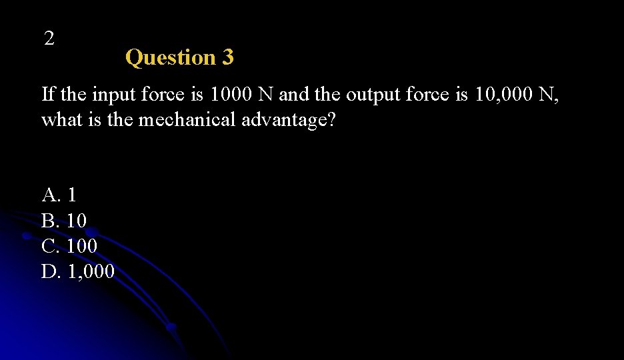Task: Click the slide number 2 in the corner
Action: tap(49, 39)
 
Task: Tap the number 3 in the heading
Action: tap(228, 58)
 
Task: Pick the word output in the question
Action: tap(372, 95)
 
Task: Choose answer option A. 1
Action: tap(59, 195)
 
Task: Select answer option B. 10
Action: tap(64, 221)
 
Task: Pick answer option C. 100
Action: tap(69, 246)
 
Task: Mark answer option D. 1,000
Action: tap(78, 271)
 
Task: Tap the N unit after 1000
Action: tap(265, 95)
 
